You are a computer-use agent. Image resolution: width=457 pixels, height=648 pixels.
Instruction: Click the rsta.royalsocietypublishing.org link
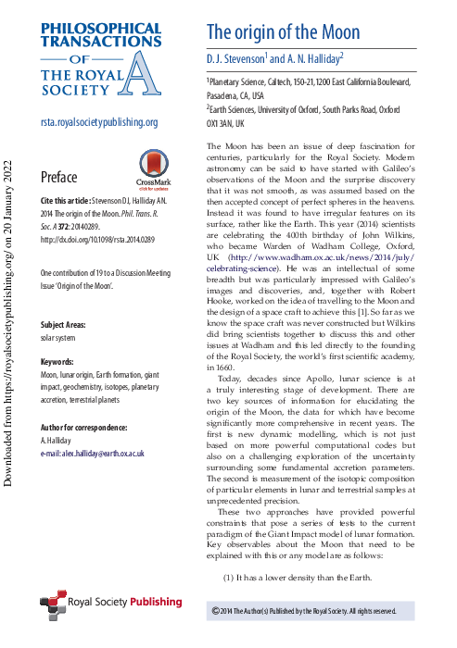[99, 122]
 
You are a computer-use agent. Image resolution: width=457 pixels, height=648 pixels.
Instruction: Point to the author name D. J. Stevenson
[236, 58]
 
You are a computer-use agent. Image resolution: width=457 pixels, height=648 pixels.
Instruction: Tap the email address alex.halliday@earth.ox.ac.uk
[93, 455]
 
